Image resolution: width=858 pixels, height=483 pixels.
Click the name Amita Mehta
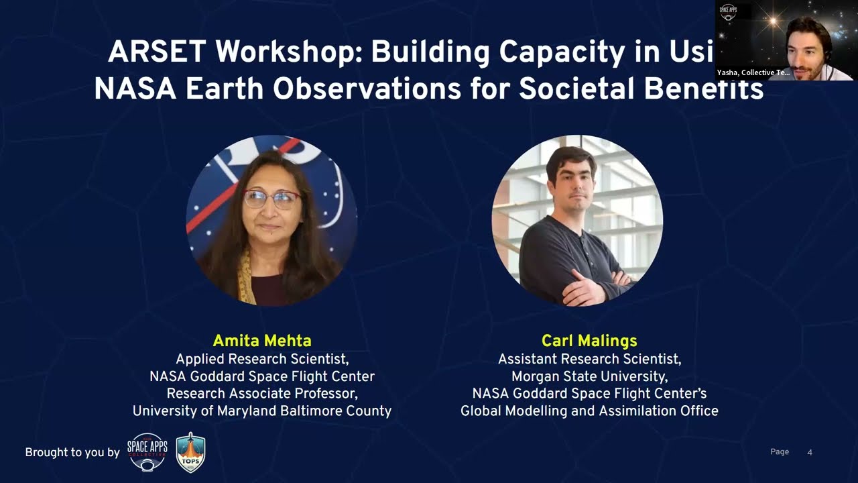tap(261, 340)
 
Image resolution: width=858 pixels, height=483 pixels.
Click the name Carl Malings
tap(589, 340)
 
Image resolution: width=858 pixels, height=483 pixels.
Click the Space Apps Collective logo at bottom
tap(147, 452)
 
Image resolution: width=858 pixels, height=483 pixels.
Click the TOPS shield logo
tap(190, 453)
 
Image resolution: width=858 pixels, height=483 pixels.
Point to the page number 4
tap(810, 452)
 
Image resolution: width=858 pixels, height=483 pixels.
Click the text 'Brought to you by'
tap(72, 453)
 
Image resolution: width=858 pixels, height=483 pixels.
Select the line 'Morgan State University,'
tap(589, 376)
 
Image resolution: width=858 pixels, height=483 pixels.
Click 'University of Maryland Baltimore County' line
tap(261, 411)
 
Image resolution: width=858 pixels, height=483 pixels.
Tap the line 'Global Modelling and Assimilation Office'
tap(589, 411)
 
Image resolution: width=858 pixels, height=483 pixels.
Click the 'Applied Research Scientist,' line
tap(261, 358)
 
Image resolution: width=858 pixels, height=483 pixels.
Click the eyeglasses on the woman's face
tap(271, 199)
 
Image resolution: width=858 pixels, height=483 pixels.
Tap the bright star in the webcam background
tap(772, 20)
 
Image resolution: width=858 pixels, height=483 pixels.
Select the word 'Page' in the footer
tap(780, 452)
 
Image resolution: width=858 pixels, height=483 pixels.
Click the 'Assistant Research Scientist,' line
tap(589, 359)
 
